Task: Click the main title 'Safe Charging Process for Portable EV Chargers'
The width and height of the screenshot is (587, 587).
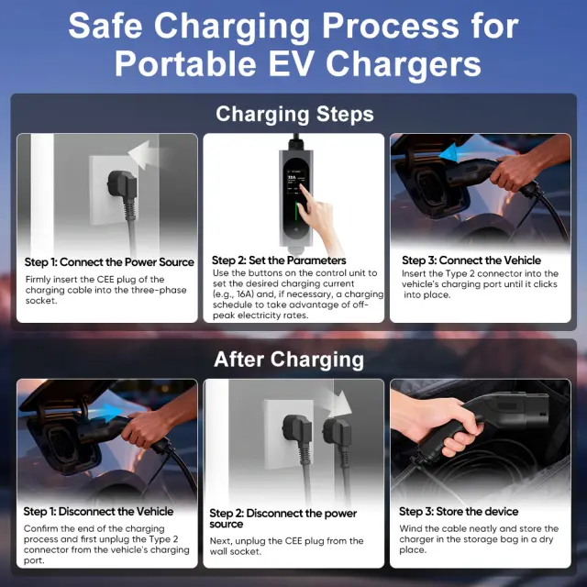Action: coord(293,44)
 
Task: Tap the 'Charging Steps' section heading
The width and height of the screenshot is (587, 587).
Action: coord(294,114)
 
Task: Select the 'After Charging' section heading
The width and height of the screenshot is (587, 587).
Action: coord(289,360)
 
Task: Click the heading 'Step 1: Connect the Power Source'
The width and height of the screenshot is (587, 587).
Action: coord(109,262)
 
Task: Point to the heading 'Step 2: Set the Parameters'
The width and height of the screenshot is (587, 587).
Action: coord(279,260)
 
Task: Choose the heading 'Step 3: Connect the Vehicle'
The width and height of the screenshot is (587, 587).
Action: coord(471,260)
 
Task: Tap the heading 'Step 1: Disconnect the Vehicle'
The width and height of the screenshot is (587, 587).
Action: coord(98,512)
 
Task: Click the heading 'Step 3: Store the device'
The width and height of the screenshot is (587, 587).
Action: coord(459,512)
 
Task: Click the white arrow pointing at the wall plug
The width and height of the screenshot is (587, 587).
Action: coord(144,155)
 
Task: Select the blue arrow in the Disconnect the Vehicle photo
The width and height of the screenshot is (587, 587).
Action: coord(106,412)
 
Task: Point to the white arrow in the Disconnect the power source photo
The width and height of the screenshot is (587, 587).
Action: coord(338,404)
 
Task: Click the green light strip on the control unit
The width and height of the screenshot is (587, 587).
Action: coord(295,216)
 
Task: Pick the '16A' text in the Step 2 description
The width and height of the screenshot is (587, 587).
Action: coord(246,294)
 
